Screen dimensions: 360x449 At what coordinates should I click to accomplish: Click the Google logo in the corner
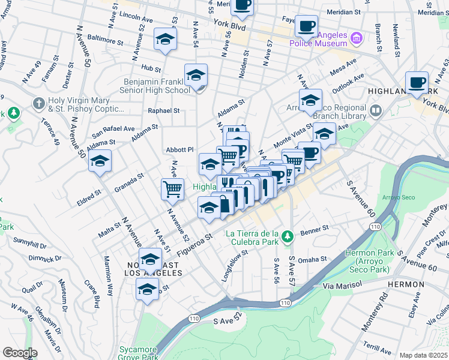20,353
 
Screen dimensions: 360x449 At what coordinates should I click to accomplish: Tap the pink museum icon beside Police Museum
356,38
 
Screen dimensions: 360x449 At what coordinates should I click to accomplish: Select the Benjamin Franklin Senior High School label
157,86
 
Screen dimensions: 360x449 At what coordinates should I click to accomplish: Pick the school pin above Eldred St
100,161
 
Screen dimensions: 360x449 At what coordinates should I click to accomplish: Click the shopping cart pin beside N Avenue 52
172,189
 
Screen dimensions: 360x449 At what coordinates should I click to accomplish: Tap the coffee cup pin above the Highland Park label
416,82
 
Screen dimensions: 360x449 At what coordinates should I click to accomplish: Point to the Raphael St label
164,110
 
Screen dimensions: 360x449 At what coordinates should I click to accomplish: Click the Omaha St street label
314,259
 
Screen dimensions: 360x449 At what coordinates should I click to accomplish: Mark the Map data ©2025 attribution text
423,355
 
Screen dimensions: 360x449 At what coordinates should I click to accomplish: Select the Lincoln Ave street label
137,14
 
